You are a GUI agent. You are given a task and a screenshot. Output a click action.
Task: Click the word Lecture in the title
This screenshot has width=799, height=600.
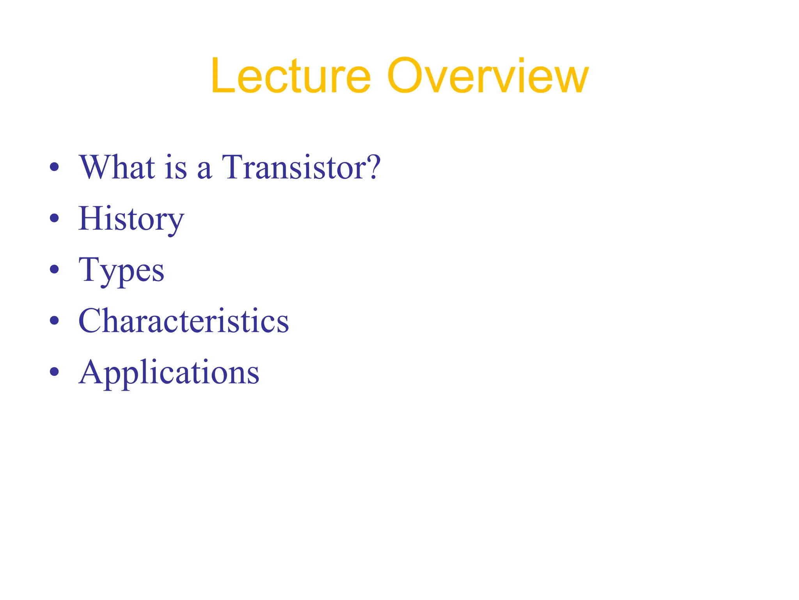click(x=291, y=76)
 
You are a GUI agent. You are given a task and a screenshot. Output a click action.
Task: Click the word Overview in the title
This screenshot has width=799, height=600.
click(x=487, y=76)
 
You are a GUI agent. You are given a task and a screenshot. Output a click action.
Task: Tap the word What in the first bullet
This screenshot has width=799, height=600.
click(x=117, y=167)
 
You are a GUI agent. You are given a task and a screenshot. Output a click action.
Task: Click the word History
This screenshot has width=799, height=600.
click(x=131, y=219)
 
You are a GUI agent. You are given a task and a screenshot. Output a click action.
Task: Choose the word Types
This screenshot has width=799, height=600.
click(x=121, y=270)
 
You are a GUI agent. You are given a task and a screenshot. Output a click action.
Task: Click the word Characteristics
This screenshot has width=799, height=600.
click(x=184, y=321)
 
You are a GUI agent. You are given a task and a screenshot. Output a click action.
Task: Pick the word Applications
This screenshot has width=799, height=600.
click(x=169, y=372)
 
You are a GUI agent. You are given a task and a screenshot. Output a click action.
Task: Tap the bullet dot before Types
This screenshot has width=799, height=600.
click(x=55, y=269)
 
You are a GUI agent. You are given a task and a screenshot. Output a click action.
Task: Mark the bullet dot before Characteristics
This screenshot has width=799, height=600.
click(x=55, y=320)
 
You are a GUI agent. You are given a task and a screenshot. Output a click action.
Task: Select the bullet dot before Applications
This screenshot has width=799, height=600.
click(x=55, y=371)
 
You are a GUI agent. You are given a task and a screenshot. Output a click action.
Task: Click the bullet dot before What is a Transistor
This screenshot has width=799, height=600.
click(x=55, y=167)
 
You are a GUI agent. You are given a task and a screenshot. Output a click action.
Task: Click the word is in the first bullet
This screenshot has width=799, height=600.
click(x=176, y=167)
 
